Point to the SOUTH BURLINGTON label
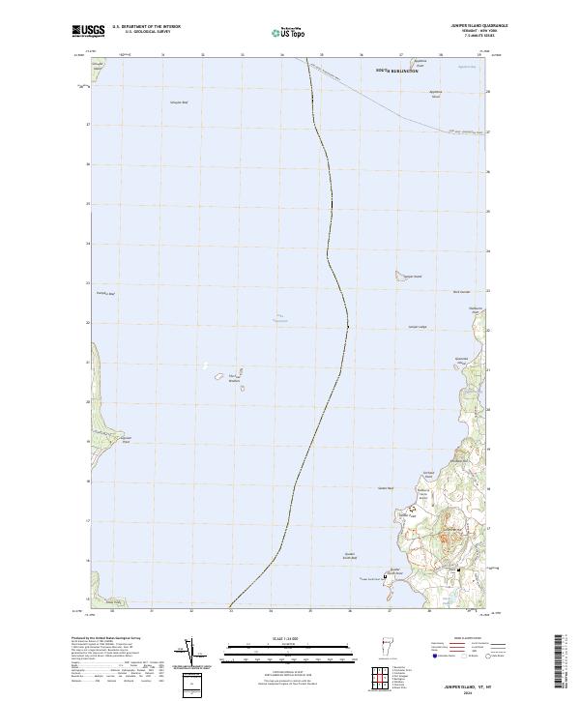(399, 72)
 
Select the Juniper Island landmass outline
(398, 276)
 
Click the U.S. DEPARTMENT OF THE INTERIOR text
(146, 26)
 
